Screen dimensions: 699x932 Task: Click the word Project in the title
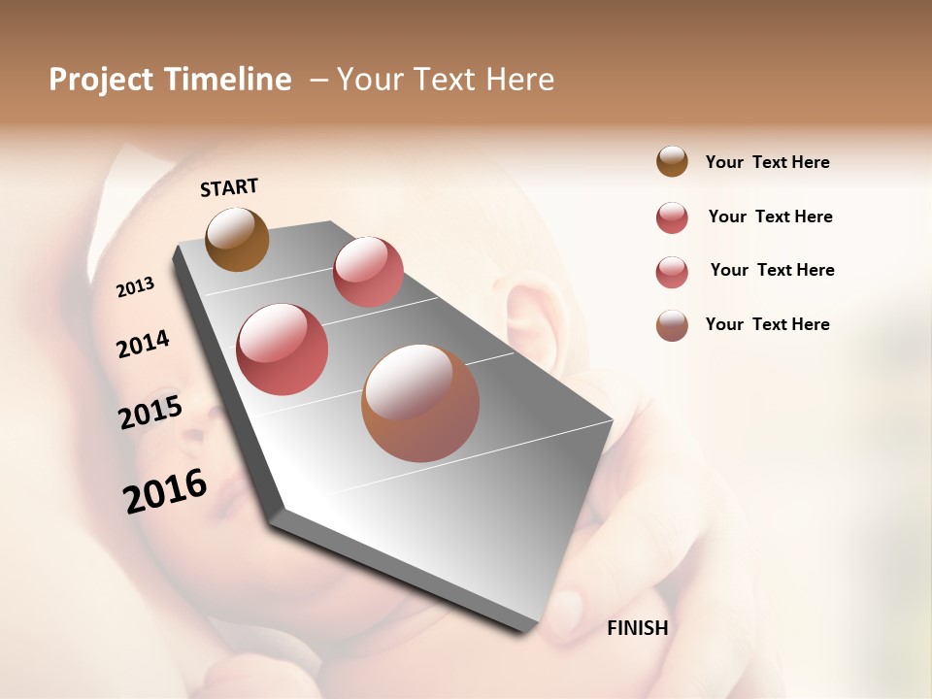102,80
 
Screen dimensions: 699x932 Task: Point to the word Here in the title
518,80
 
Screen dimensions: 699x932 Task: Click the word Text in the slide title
446,80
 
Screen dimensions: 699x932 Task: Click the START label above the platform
229,187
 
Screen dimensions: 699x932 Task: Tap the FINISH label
637,628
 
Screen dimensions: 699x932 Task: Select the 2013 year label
135,287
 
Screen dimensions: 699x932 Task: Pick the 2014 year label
143,344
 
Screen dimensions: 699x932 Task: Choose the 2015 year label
150,413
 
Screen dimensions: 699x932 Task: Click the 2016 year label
165,491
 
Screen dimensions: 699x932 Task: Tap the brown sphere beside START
237,239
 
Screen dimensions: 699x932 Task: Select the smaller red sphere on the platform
368,272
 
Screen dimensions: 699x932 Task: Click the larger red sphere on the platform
283,349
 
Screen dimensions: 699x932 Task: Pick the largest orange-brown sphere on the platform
420,403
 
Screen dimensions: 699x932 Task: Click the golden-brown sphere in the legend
672,162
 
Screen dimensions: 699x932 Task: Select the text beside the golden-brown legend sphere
767,162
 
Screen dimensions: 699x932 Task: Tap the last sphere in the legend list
672,325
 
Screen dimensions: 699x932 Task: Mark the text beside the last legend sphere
767,324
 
